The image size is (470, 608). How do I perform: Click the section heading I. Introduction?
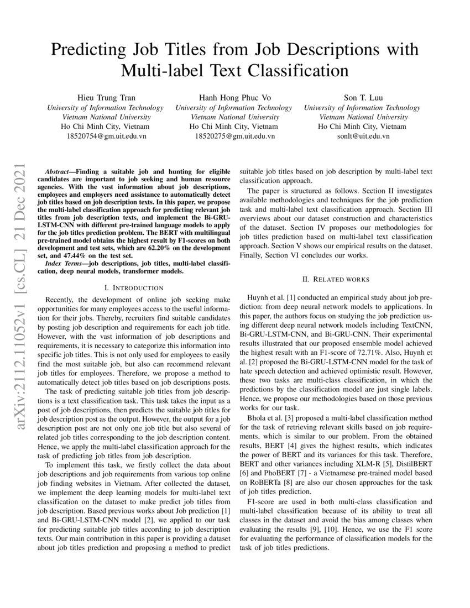[134, 287]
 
